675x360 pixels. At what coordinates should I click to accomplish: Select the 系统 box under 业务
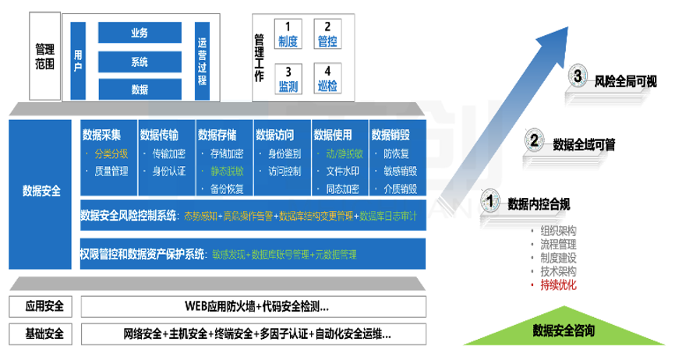(x=140, y=62)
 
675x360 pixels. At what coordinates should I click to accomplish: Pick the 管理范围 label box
(x=44, y=57)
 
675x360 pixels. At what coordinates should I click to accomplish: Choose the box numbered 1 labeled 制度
(x=288, y=34)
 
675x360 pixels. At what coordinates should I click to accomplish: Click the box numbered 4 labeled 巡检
(x=327, y=79)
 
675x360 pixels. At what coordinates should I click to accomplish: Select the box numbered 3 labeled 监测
(x=288, y=79)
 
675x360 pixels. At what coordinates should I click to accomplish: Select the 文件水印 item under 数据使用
(x=341, y=171)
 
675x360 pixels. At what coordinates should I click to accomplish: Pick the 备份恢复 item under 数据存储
(x=226, y=189)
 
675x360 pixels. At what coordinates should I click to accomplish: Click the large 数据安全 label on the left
(x=41, y=189)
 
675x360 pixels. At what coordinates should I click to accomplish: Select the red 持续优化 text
(x=558, y=286)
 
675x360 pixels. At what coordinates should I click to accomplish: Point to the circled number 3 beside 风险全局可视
(x=577, y=76)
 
